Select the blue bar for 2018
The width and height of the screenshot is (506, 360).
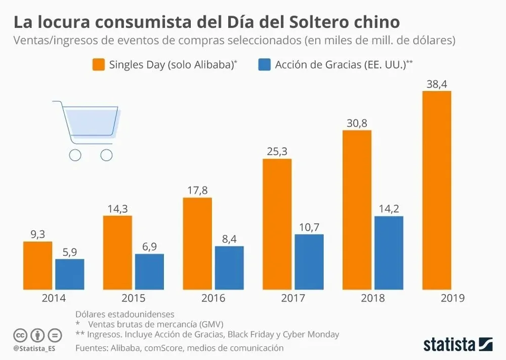pyautogui.click(x=389, y=253)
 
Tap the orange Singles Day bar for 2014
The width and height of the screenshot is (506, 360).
pyautogui.click(x=38, y=265)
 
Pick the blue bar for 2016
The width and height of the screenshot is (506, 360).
pyautogui.click(x=229, y=268)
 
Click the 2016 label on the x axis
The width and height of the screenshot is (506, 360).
pyautogui.click(x=213, y=298)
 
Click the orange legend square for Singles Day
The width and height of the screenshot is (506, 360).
pyautogui.click(x=98, y=65)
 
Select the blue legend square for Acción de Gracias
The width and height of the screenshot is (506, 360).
pyautogui.click(x=264, y=65)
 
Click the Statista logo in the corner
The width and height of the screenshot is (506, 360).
pyautogui.click(x=458, y=344)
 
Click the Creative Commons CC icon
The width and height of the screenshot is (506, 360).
pyautogui.click(x=20, y=335)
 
